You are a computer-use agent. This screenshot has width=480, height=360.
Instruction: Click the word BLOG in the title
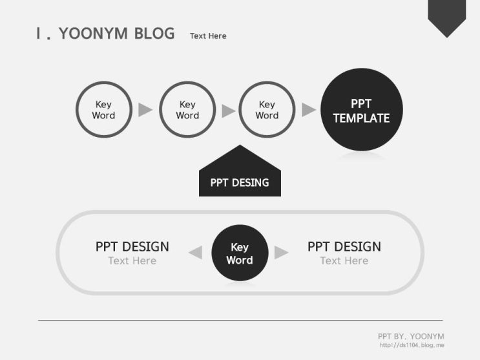pos(154,34)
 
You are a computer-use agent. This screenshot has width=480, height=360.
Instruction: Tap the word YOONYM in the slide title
pos(93,34)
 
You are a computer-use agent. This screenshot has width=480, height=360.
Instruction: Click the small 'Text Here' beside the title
pos(208,36)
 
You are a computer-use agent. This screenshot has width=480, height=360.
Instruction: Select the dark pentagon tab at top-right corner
pos(446,17)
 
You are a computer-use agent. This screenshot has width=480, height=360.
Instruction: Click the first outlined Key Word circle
pos(76,110)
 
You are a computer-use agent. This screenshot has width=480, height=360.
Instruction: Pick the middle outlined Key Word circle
pos(160,110)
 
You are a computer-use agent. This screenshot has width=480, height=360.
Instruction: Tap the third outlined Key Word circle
pos(240,110)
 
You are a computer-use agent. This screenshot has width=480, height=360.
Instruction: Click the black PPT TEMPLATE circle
pos(362,109)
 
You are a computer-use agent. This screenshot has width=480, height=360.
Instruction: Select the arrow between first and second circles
pos(145,110)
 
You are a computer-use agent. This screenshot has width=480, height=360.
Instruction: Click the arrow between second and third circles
pos(228,111)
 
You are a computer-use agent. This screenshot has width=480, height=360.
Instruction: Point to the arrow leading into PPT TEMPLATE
pos(309,110)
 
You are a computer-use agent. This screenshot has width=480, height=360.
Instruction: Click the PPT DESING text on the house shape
pos(240,183)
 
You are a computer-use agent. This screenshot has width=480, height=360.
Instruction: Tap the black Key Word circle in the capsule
pos(240,253)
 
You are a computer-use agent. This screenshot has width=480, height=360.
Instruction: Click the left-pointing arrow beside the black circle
pos(196,253)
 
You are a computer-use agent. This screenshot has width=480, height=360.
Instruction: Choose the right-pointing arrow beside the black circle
pos(281,253)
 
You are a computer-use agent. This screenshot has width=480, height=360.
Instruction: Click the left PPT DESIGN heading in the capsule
pos(132,247)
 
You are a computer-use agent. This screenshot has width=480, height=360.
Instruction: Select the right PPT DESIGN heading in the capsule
pos(344,247)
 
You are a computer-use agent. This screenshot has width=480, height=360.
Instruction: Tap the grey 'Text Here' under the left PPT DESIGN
pos(132,260)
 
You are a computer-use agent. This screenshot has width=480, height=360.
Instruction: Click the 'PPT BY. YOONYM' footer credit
pos(411,336)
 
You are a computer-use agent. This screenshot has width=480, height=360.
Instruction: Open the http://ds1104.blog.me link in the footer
pos(412,345)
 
